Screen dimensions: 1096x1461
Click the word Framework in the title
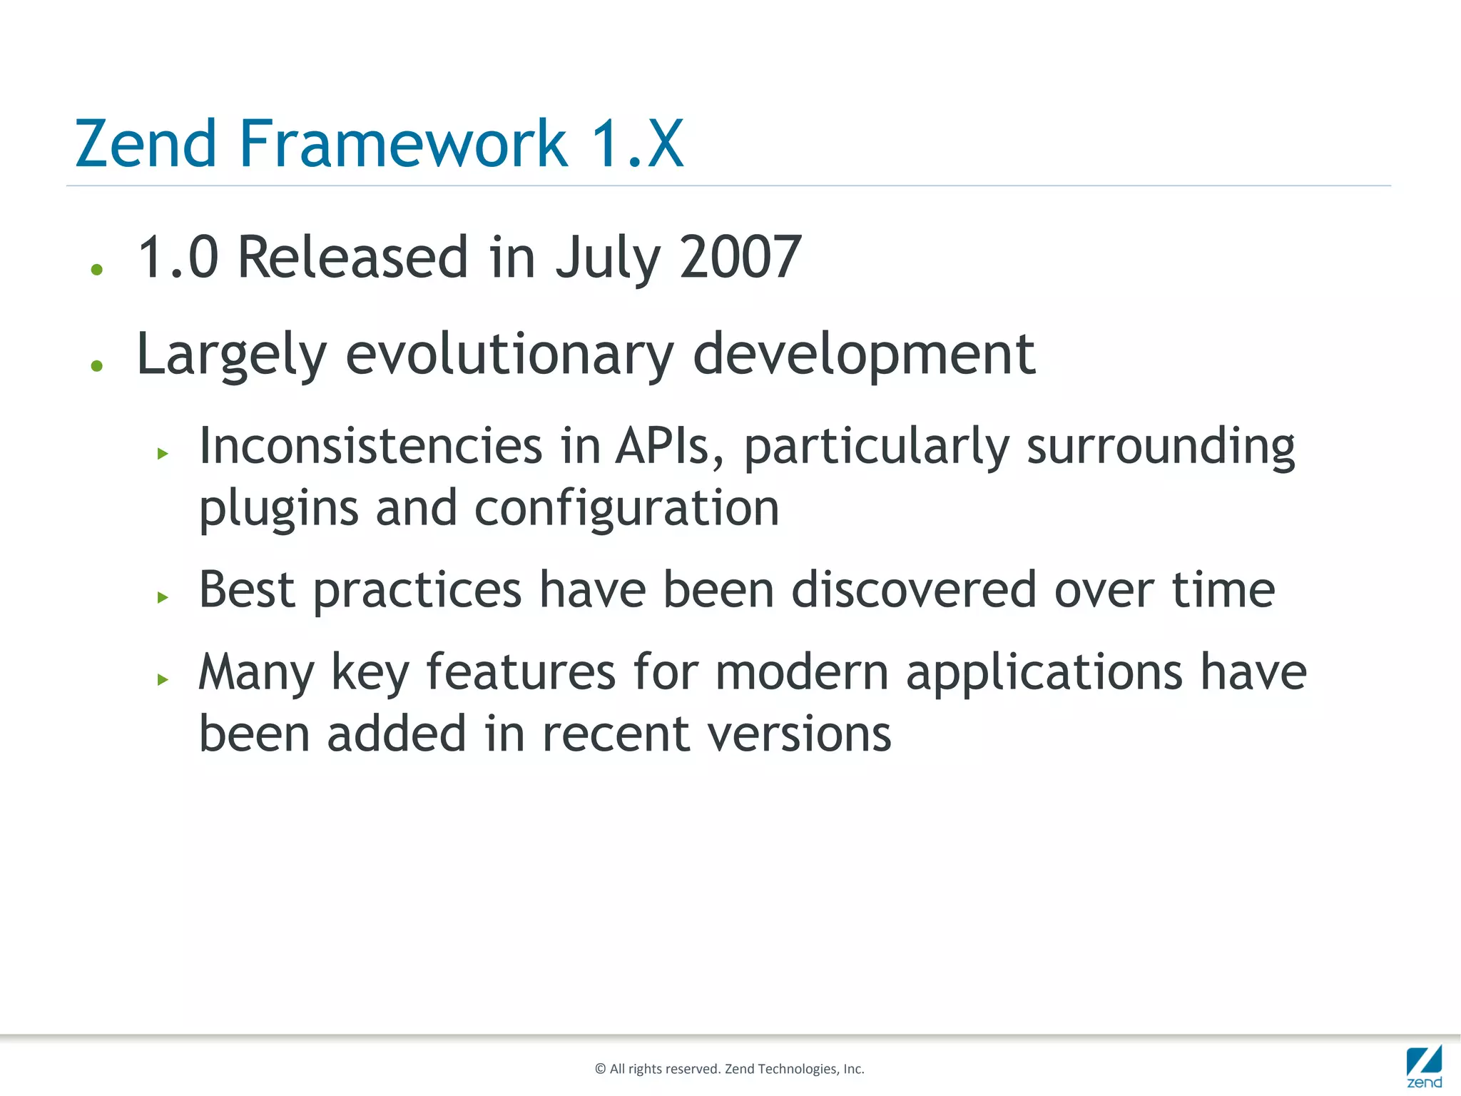pyautogui.click(x=403, y=144)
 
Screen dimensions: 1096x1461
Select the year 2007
pyautogui.click(x=740, y=257)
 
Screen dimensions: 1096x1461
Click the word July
pyautogui.click(x=608, y=258)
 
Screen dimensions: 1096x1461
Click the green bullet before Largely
pyautogui.click(x=97, y=366)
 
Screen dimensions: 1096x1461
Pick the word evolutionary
pyautogui.click(x=509, y=355)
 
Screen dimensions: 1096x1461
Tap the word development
pyautogui.click(x=863, y=355)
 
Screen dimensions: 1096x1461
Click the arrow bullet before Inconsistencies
pyautogui.click(x=163, y=453)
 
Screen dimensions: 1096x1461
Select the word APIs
pyautogui.click(x=669, y=446)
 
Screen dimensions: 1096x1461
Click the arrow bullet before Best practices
pyautogui.click(x=163, y=597)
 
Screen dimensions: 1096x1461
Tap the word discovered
pyautogui.click(x=914, y=590)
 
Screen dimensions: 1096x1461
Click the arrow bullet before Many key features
pyautogui.click(x=163, y=679)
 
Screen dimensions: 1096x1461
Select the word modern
pyautogui.click(x=801, y=672)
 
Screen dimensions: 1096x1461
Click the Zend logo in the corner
pyautogui.click(x=1424, y=1066)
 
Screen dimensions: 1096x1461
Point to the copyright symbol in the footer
pyautogui.click(x=600, y=1069)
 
